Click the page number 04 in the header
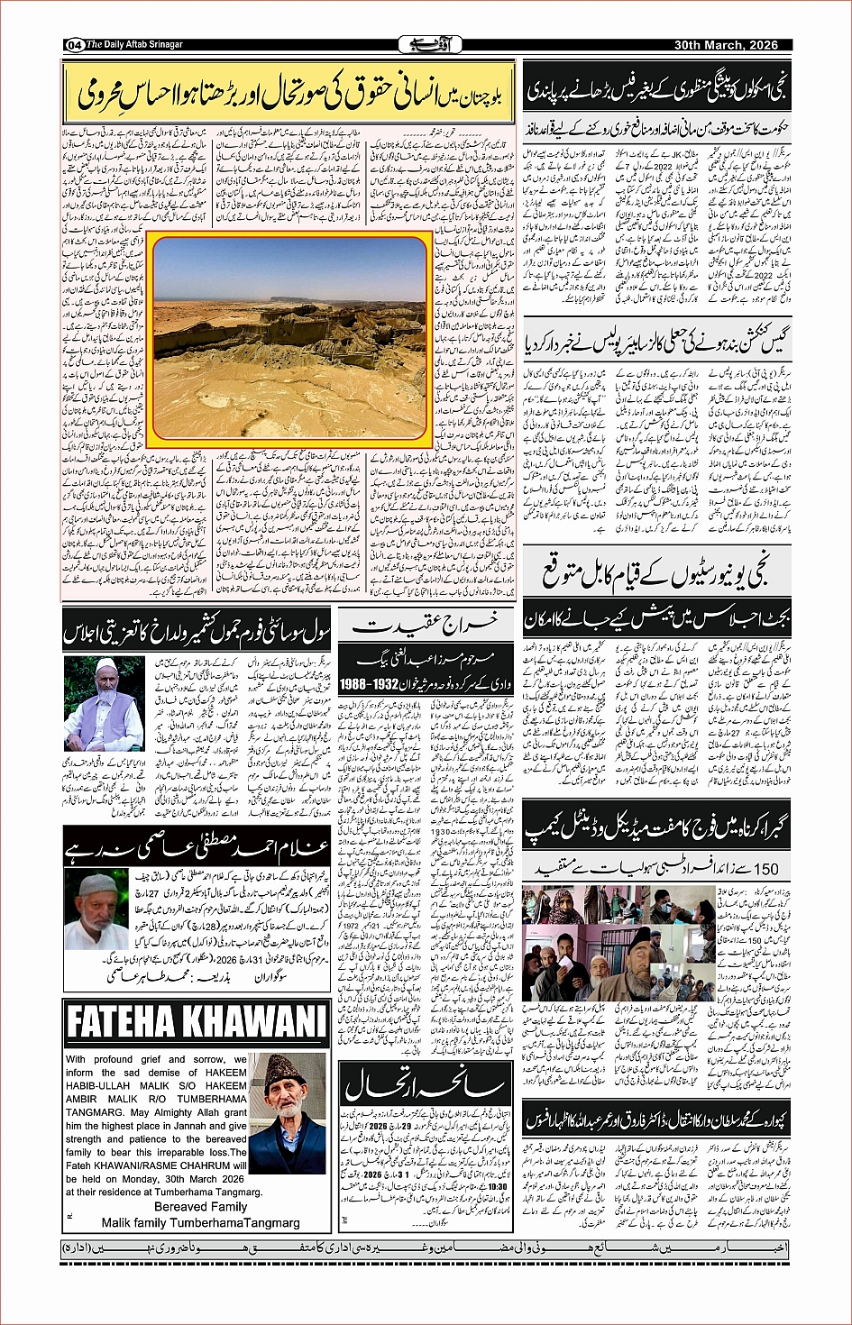tap(74, 45)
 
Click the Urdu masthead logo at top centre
tap(425, 44)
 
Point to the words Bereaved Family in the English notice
tap(200, 1207)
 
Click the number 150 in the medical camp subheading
tap(764, 869)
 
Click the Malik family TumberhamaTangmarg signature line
tap(200, 1223)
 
